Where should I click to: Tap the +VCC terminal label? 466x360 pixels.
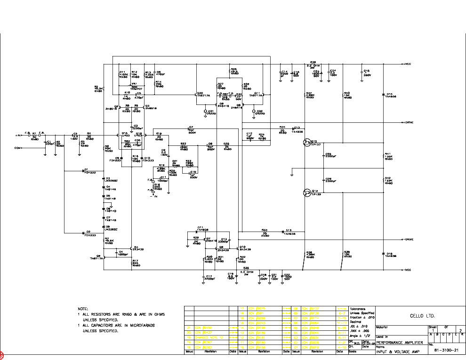pos(407,64)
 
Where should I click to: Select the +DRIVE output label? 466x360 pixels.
pos(408,122)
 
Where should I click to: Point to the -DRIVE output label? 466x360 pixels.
pos(408,240)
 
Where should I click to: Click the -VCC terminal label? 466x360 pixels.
pos(407,270)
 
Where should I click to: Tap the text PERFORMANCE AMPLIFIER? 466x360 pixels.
pos(396,342)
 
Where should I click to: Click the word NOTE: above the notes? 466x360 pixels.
pos(83,309)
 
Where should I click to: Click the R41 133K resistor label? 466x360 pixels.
pos(388,156)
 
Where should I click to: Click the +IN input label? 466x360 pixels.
pos(18,136)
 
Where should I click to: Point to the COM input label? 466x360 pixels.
pos(18,148)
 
